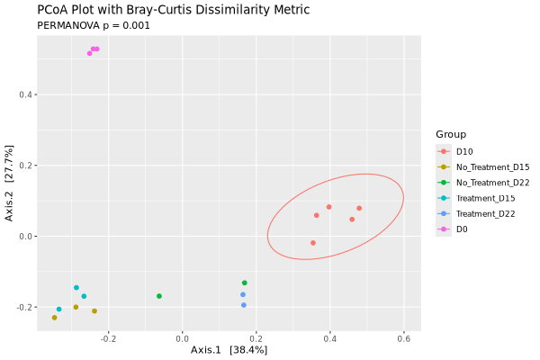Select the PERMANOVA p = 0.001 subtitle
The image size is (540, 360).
tap(93, 25)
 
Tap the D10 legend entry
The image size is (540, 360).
tap(470, 151)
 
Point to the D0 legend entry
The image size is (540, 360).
tap(462, 229)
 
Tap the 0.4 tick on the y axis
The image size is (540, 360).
tap(27, 94)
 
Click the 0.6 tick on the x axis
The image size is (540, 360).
tap(403, 338)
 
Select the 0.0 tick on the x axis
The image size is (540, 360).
tap(183, 338)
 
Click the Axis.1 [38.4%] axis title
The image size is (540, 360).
tap(229, 349)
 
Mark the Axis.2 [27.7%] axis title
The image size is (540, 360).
tap(10, 182)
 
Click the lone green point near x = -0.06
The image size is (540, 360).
tap(159, 296)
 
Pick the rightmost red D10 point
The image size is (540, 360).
tap(359, 208)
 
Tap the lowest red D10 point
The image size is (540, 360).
tap(313, 243)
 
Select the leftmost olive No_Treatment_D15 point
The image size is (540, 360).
tap(54, 318)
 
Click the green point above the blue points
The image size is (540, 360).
tap(244, 283)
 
